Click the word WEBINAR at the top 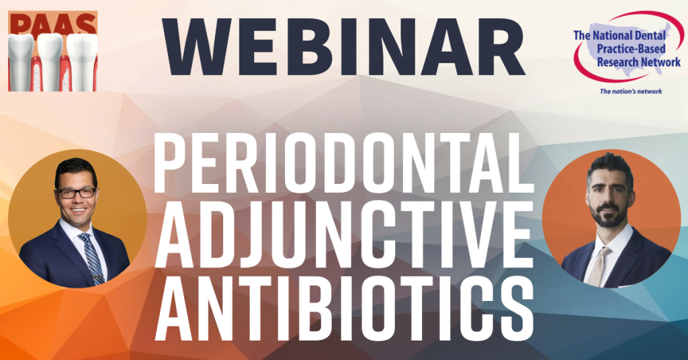[343, 48]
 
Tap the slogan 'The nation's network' [631, 91]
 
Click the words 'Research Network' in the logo [638, 62]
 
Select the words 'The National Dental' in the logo [620, 35]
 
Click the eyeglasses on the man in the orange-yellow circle [77, 193]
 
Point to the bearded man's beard [607, 215]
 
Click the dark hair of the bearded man [610, 167]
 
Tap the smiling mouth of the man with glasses [79, 210]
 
